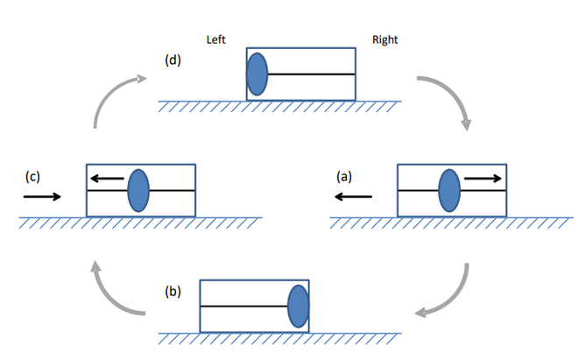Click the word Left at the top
pos(216,40)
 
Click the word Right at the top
pos(385,40)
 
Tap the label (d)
pos(173,60)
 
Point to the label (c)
pos(33,176)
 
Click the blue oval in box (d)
pos(257,74)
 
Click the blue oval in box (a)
pos(449,190)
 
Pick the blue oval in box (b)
pos(299,306)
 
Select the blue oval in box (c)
pos(138,190)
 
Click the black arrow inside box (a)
pos(484,179)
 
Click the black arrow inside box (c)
pos(106,179)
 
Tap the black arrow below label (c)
pos(42,196)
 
